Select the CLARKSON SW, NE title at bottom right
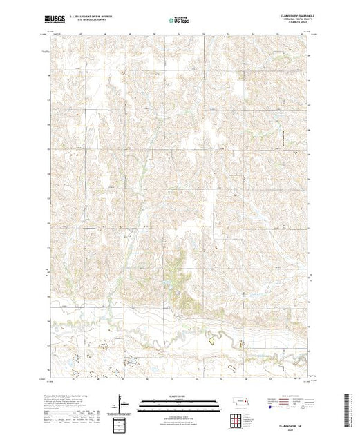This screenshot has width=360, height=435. click(x=290, y=424)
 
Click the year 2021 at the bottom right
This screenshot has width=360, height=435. click(x=291, y=428)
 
